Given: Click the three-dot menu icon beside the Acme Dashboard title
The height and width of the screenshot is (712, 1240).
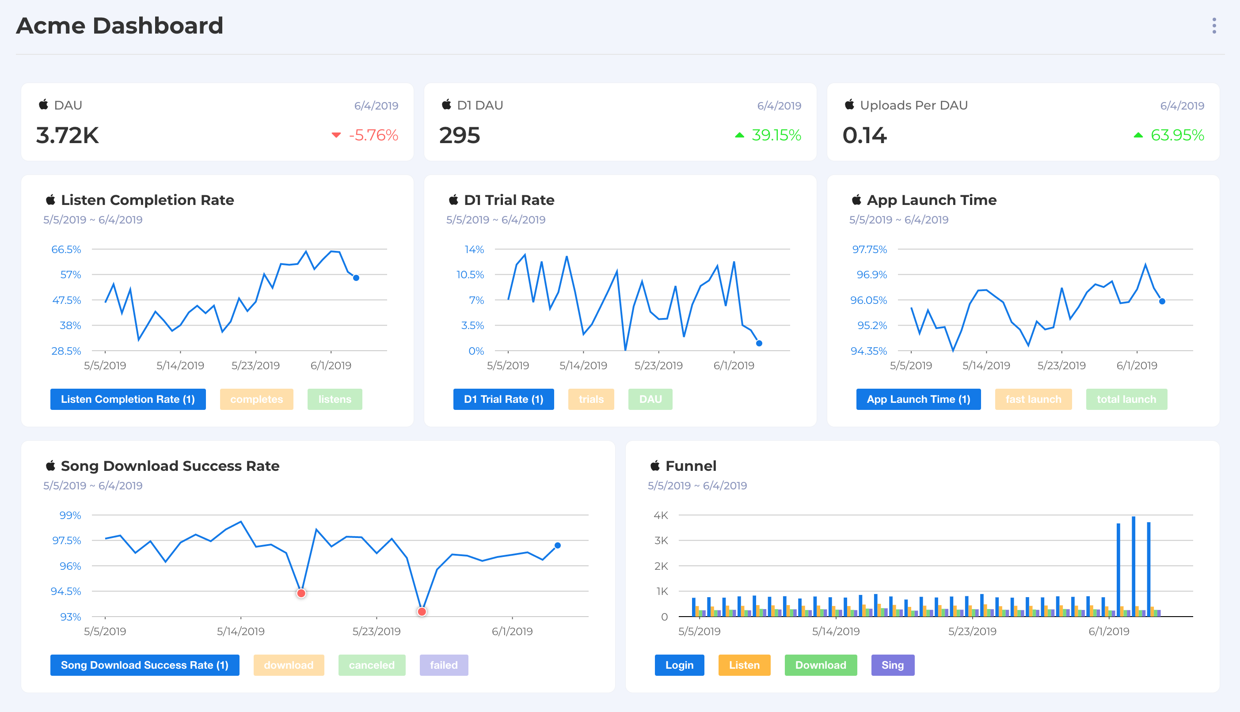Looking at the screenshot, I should point(1213,26).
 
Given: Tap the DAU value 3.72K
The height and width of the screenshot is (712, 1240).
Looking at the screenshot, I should point(68,136).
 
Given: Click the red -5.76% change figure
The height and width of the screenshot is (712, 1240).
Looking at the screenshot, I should point(373,135).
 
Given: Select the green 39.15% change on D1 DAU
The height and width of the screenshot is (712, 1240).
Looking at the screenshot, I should point(776,135).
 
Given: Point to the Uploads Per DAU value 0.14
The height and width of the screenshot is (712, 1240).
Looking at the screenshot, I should point(864,136).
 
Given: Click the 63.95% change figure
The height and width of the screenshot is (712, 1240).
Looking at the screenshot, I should point(1177,135).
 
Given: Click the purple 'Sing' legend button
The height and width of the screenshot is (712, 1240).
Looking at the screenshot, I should point(892,665).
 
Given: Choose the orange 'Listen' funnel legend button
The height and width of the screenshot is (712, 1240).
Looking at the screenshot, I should point(744,665).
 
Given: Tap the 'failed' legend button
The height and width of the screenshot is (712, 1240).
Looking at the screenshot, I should point(444,665).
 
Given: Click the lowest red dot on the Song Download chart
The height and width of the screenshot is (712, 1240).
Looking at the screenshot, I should point(422,611).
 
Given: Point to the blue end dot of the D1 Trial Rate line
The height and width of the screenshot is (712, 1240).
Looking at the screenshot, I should point(759,343).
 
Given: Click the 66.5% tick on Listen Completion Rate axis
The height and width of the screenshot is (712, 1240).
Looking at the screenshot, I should point(66,250).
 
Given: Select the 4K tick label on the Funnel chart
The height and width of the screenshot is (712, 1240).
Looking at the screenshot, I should point(660,515).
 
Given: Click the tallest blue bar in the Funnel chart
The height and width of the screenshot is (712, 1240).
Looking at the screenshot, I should point(1133,566).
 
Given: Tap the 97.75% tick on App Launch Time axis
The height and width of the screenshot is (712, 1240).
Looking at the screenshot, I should point(869,250).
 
